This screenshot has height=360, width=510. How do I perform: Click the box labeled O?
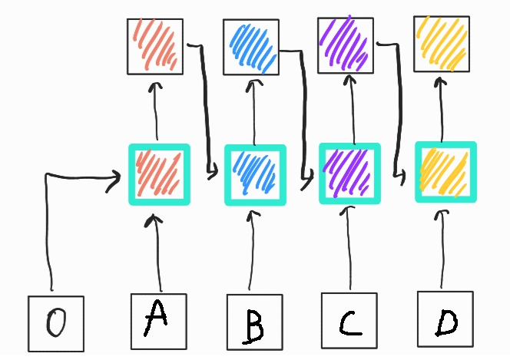[55, 324]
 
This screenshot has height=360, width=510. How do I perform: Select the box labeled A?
[158, 321]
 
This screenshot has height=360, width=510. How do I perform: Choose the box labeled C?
[349, 322]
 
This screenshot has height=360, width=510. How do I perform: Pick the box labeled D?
[445, 320]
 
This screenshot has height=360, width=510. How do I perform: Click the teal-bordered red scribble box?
[158, 175]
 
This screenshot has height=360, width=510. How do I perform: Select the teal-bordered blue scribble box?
[254, 175]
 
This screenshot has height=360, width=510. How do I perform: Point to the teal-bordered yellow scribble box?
[445, 171]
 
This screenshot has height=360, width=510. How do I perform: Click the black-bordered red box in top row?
[155, 45]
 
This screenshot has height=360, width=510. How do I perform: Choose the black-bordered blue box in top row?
[251, 47]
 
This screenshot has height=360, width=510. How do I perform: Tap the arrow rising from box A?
[159, 253]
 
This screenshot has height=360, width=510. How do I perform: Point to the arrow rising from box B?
[253, 253]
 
